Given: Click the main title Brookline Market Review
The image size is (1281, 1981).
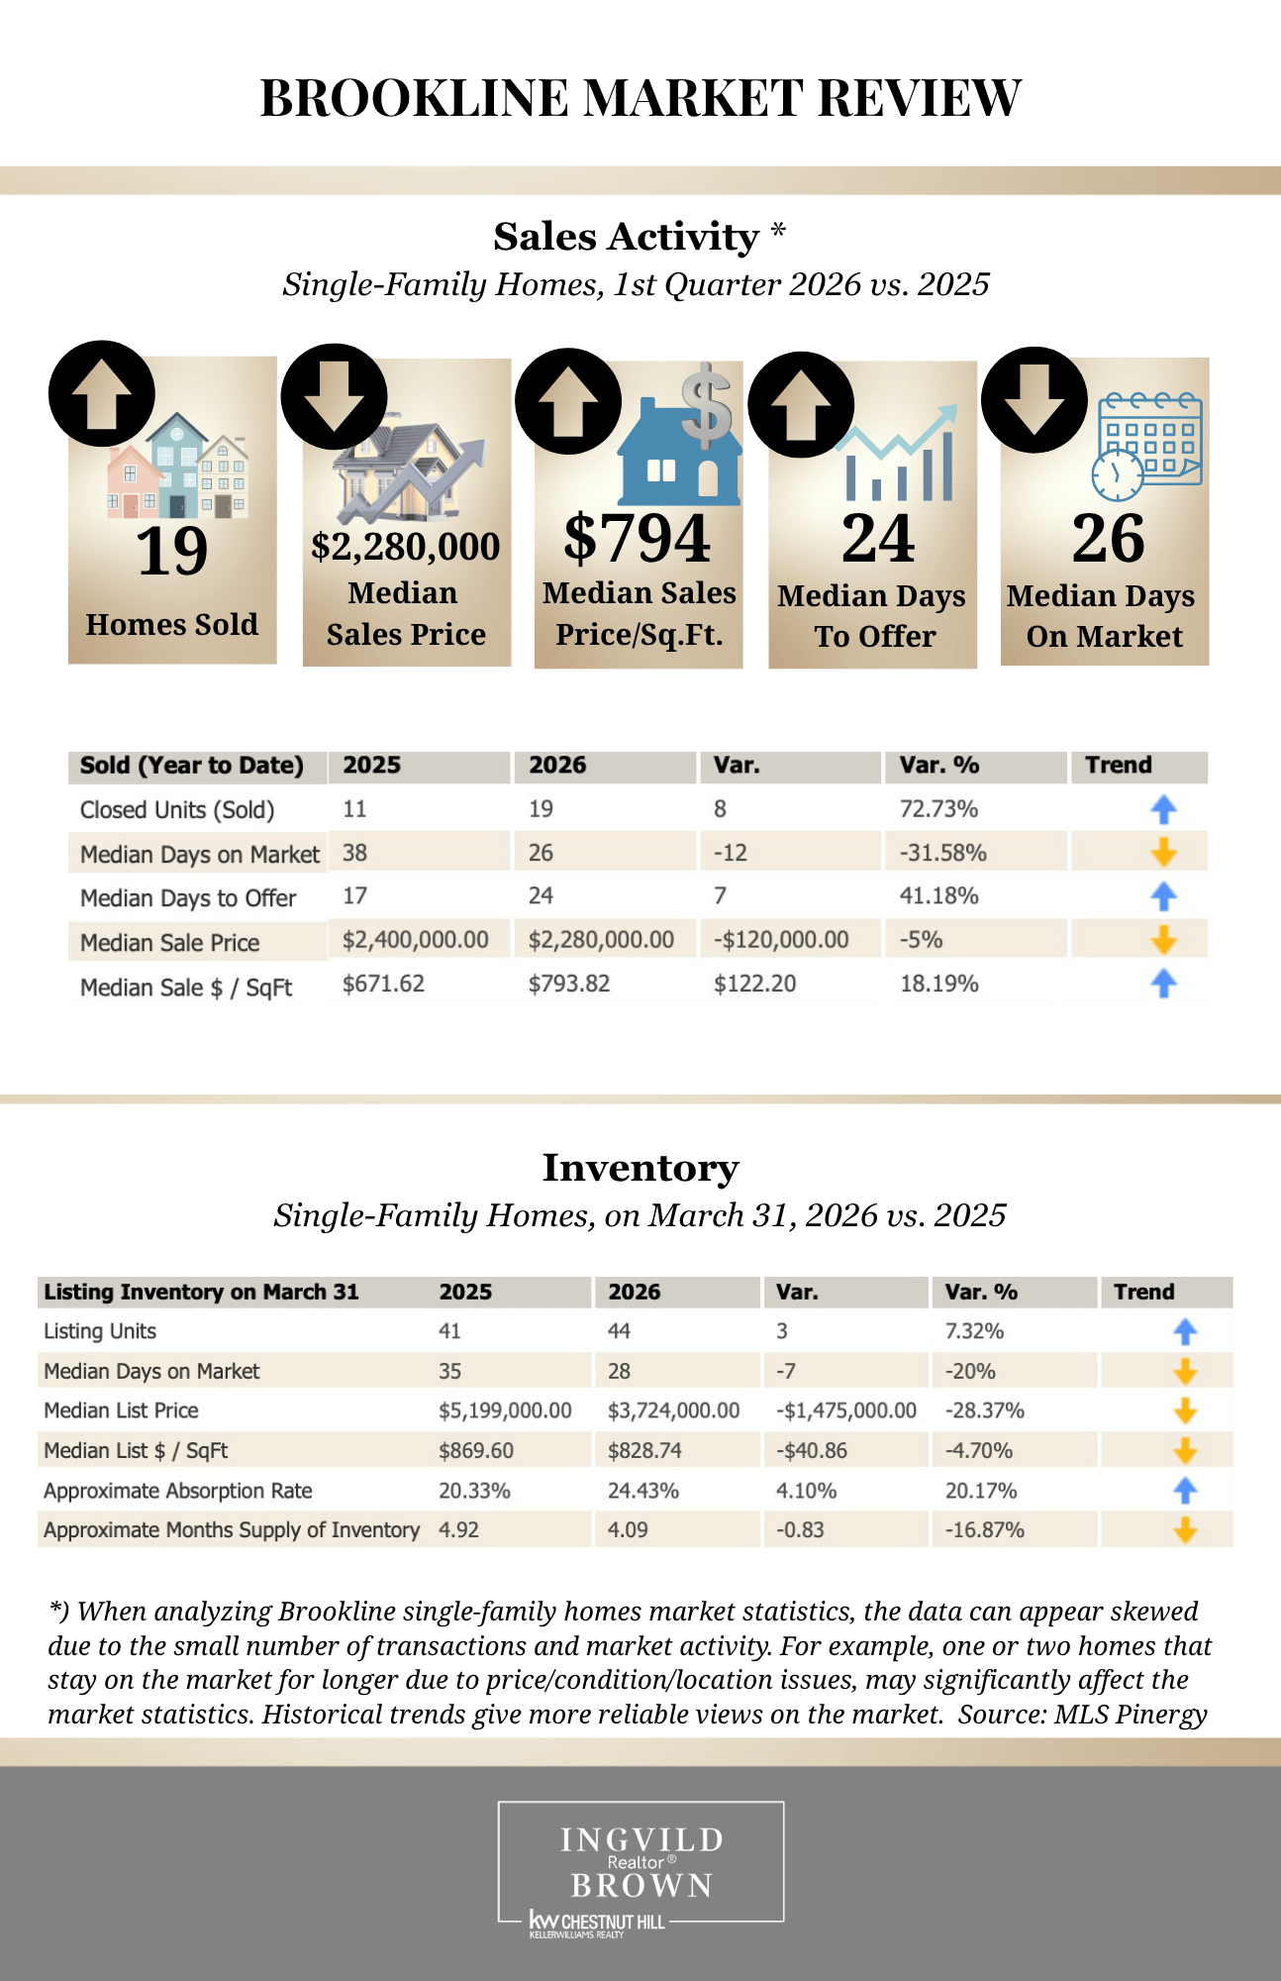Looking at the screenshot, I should [640, 99].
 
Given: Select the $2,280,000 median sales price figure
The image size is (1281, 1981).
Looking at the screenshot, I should [406, 546].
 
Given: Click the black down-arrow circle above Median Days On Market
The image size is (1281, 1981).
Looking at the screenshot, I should [1035, 399].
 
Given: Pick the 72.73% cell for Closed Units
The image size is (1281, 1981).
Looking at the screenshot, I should [938, 809].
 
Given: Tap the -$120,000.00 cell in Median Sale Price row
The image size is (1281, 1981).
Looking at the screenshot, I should [781, 939].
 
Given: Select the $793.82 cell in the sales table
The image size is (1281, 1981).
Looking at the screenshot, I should [569, 984].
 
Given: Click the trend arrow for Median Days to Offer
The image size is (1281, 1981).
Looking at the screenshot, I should [1163, 896].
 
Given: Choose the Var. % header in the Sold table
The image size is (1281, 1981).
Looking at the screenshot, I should [938, 766].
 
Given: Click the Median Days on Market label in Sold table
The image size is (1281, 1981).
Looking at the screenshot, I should [200, 854].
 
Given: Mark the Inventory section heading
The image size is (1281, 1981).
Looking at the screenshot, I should [640, 1168].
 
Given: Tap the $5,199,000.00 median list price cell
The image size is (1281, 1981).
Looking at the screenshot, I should [505, 1410].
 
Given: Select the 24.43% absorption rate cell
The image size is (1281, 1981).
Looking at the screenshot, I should [643, 1491].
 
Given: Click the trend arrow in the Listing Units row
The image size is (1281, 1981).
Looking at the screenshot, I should [1185, 1332].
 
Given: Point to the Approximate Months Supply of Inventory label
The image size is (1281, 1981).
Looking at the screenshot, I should [232, 1530].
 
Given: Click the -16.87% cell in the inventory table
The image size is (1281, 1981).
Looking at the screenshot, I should [985, 1530].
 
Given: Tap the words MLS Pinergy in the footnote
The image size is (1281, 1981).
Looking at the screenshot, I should [1131, 1715].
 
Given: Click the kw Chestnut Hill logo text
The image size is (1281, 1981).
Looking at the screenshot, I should [597, 1923].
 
